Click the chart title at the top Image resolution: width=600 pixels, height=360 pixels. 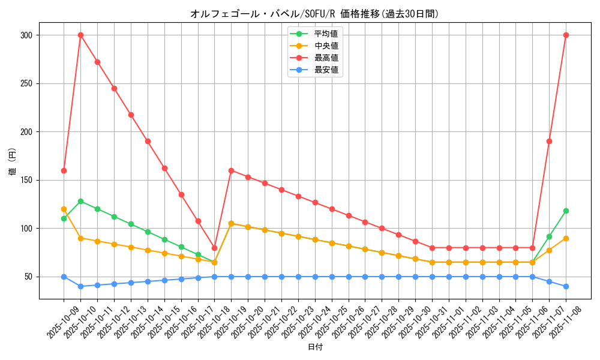[x=314, y=14]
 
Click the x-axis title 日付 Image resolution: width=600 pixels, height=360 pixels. [x=315, y=347]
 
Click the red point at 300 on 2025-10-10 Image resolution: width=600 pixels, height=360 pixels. [x=80, y=35]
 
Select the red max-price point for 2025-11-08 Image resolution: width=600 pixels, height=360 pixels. [x=566, y=35]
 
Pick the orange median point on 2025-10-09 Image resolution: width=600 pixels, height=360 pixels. [x=64, y=209]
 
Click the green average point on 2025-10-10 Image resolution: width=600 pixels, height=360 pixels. [x=80, y=201]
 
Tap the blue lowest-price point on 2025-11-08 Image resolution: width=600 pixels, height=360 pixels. [x=566, y=286]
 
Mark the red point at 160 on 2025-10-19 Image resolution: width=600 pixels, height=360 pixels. [x=231, y=170]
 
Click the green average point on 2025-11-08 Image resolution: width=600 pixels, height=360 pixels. [x=566, y=211]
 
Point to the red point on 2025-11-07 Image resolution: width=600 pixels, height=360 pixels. [x=549, y=141]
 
